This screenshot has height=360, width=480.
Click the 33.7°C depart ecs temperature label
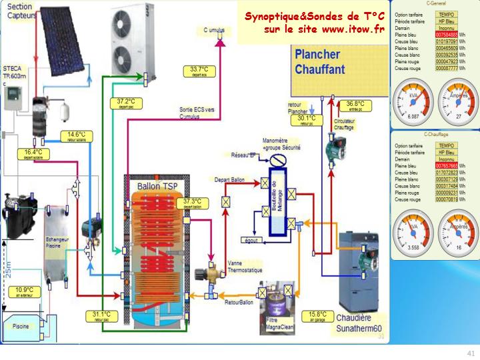(x=199, y=70)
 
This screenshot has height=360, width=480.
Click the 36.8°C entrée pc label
(x=355, y=105)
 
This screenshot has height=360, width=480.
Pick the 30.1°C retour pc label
(x=306, y=120)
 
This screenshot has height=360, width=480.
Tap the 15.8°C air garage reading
(x=317, y=315)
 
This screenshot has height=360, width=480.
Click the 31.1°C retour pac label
(x=101, y=316)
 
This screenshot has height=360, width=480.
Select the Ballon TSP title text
(x=157, y=185)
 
